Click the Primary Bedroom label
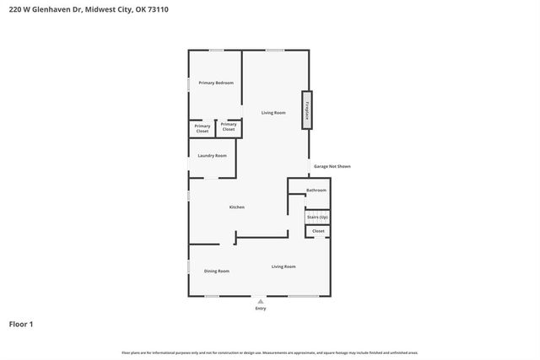click(216, 83)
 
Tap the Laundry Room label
click(213, 155)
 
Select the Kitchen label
click(237, 207)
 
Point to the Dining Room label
click(217, 271)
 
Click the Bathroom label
click(316, 190)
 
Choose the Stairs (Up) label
click(317, 217)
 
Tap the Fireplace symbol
click(307, 110)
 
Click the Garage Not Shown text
click(332, 166)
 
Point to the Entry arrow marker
click(261, 301)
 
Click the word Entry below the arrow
click(261, 309)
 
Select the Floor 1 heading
click(21, 324)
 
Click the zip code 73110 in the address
click(169, 9)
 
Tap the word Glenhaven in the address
click(52, 9)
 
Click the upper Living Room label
click(273, 113)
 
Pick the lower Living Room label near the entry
click(283, 266)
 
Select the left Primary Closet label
click(202, 128)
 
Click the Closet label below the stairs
click(318, 230)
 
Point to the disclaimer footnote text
click(270, 352)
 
